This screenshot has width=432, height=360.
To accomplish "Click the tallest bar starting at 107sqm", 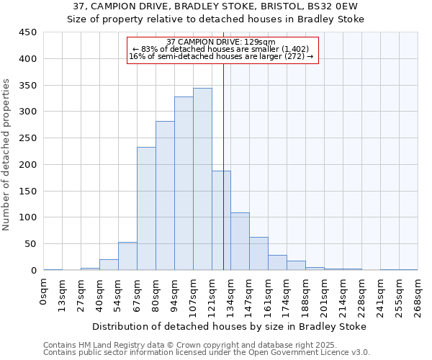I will (x=202, y=179).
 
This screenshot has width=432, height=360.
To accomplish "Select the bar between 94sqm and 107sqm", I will (x=184, y=184).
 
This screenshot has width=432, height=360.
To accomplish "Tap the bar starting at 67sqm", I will (x=146, y=209).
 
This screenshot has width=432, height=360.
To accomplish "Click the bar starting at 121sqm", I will (x=221, y=220).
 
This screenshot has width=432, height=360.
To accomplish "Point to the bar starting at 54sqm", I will (x=127, y=256).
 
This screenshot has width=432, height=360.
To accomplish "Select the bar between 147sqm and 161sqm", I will (x=258, y=253).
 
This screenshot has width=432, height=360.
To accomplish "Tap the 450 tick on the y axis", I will (x=27, y=32).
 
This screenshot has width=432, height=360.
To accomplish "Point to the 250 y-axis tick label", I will (x=27, y=138).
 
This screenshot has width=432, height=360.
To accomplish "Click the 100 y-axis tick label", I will (x=27, y=217).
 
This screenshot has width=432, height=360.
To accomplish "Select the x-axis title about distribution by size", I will (x=230, y=326).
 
